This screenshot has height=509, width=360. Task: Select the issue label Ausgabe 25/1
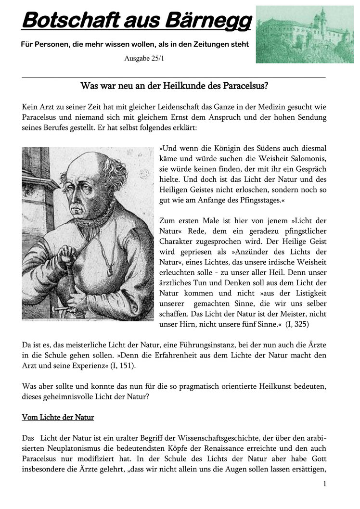pos(147,59)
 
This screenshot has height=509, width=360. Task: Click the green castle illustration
pos(304,34)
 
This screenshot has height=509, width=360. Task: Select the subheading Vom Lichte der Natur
pos(58,418)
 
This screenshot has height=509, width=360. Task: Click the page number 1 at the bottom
pos(325,484)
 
